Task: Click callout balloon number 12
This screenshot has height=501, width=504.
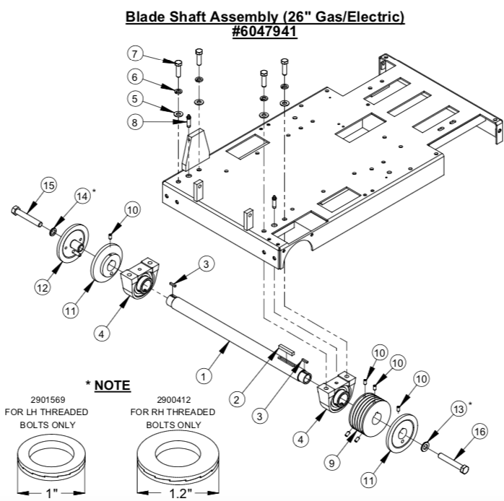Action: tap(43, 287)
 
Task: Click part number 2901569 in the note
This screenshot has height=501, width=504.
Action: tap(53, 399)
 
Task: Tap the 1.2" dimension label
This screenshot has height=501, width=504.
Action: tap(173, 493)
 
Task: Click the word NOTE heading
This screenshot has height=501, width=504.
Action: tap(109, 385)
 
